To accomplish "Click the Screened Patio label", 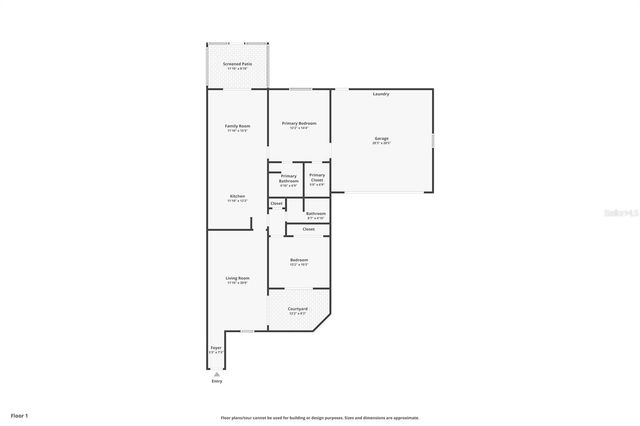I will coord(237,64).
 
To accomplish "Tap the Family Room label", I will coord(237,126).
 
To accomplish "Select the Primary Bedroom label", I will coord(298,123).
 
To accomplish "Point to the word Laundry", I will coord(381,94).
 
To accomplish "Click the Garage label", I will coord(381,138).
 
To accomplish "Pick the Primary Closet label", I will coord(316,177).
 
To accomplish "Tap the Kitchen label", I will coord(237,196).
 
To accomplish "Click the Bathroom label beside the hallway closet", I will coord(316,213).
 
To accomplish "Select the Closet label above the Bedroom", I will coord(308,229).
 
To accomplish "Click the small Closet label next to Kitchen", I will coord(276,204).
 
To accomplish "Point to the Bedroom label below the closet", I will coord(298,260).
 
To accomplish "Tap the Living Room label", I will coord(237,278).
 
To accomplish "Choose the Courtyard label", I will coord(298,309).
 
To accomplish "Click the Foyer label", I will coord(216,350).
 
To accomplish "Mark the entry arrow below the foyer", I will coord(217,373).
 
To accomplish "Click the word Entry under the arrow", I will coord(217,381).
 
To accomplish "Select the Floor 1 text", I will coord(20,414).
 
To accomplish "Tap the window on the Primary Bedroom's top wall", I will coord(298,89).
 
